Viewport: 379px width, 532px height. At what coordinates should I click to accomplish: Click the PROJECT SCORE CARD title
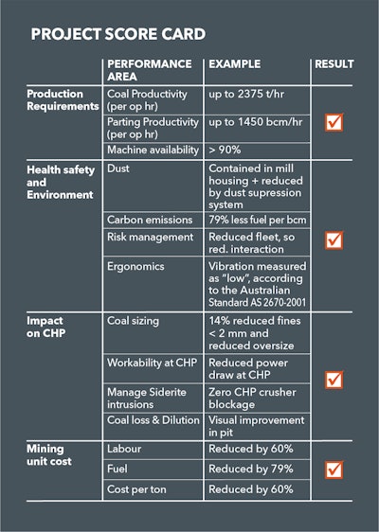point(117,35)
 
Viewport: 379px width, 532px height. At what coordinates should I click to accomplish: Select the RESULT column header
point(333,64)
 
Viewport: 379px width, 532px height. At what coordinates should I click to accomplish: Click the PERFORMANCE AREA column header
point(149,70)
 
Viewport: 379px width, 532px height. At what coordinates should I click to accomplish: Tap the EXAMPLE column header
point(234,64)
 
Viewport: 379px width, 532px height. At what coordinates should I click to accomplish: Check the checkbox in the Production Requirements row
point(334,122)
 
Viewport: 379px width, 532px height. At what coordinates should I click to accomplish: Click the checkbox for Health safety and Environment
point(334,240)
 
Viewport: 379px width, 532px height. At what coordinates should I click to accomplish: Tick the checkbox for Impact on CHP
point(334,380)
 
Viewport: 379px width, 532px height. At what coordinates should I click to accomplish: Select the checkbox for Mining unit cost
point(334,469)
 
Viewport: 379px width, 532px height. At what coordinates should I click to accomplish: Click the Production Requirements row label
point(63,100)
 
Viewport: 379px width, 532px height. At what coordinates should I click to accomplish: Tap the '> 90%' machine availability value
point(226,151)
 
